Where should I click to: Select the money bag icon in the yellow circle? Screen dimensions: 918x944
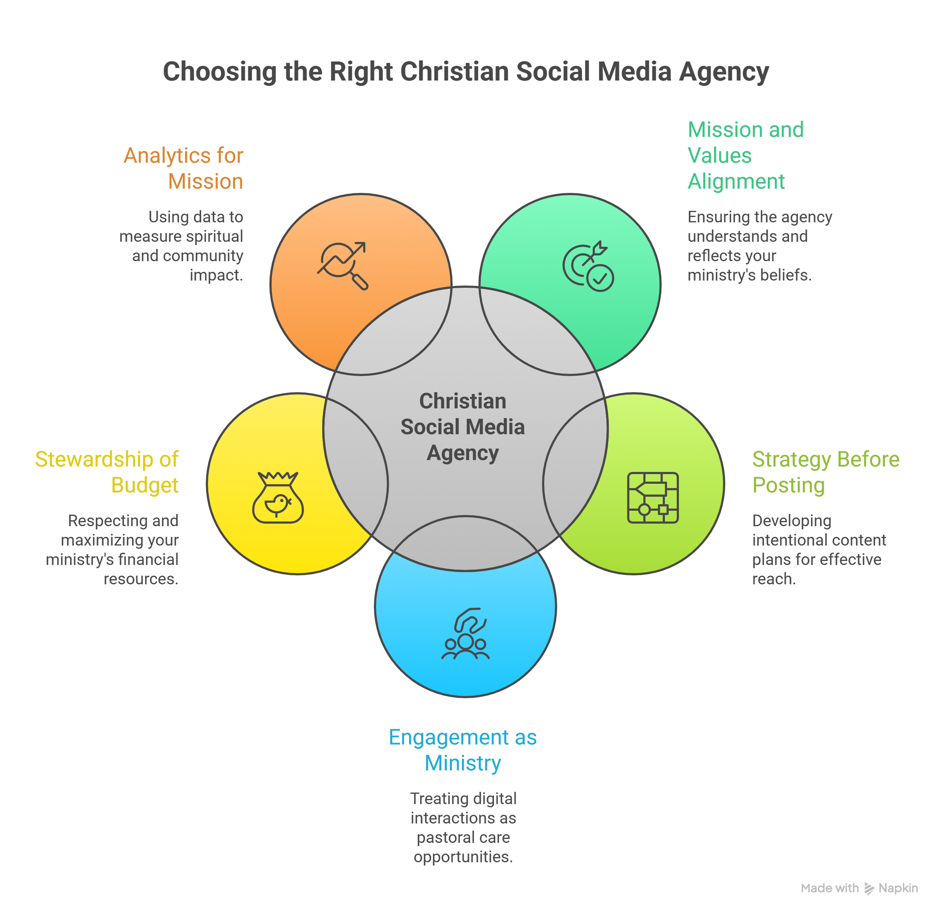click(x=278, y=498)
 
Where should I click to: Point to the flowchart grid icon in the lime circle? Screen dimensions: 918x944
click(x=652, y=498)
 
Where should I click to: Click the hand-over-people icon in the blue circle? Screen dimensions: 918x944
click(x=466, y=634)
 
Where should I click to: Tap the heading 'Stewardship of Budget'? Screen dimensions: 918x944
click(x=107, y=472)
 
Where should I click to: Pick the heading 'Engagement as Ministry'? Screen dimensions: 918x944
click(x=463, y=750)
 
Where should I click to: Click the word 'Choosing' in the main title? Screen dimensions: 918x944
click(x=219, y=72)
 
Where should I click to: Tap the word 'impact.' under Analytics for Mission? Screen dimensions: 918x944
click(x=216, y=275)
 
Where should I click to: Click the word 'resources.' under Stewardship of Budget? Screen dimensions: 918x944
click(x=141, y=579)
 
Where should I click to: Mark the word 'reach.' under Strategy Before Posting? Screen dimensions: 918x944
click(x=774, y=579)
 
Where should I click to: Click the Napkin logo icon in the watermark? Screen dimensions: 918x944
click(x=869, y=889)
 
